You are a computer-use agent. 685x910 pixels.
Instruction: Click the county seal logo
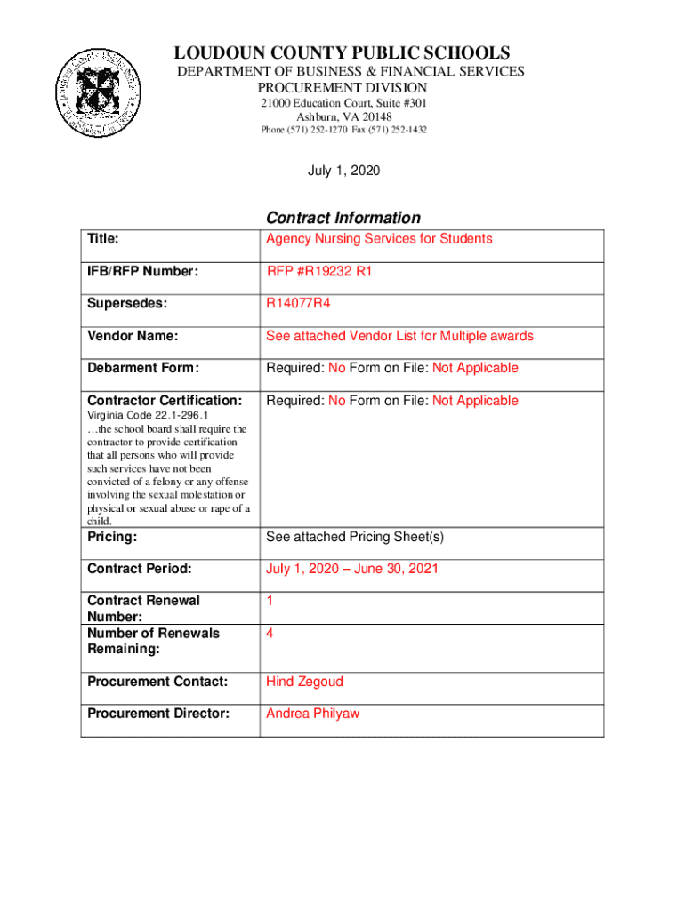coord(98,93)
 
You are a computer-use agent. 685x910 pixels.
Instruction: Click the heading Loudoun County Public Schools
coord(342,53)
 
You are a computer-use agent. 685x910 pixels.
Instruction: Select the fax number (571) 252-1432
coord(398,130)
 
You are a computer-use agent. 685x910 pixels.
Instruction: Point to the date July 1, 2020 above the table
coord(343,170)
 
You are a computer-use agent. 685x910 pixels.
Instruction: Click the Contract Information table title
coord(342,218)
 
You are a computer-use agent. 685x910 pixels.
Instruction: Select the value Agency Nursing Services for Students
coord(379,239)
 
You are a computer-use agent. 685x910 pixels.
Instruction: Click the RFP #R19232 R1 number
coord(319,272)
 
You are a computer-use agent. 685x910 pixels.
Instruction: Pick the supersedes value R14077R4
coord(299,304)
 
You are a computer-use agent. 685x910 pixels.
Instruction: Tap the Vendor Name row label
coord(133,336)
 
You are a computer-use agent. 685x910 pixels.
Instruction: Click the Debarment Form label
coord(142,368)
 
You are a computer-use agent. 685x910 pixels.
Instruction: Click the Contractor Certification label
coord(165,401)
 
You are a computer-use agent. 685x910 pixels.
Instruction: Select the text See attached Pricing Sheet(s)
coord(355,537)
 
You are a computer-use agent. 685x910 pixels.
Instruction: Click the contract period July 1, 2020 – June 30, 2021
coord(352,569)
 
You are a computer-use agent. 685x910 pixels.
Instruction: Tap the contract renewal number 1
coord(270,601)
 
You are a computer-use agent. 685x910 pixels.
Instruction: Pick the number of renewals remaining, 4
coord(270,634)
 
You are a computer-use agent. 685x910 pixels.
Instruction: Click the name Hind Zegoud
coord(304,682)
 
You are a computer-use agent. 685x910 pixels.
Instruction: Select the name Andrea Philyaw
coord(312,714)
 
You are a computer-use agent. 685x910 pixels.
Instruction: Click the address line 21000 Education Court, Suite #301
coord(342,103)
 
